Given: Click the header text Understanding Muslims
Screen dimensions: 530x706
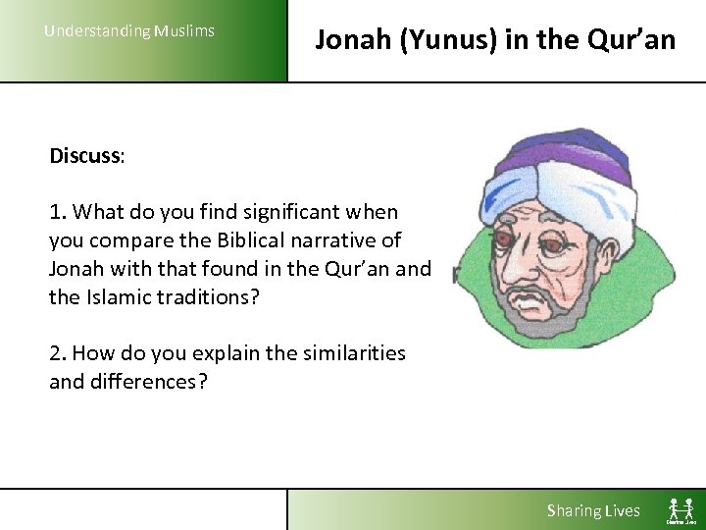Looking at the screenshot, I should [x=128, y=30].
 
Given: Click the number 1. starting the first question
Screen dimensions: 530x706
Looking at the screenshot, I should [x=58, y=212].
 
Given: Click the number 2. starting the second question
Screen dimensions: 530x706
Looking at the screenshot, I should [x=58, y=353].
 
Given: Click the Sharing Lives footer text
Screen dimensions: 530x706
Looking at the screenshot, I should [x=593, y=510].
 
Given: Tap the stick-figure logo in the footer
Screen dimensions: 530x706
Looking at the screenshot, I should [x=680, y=510].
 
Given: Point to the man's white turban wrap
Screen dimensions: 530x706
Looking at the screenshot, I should [x=579, y=196].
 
